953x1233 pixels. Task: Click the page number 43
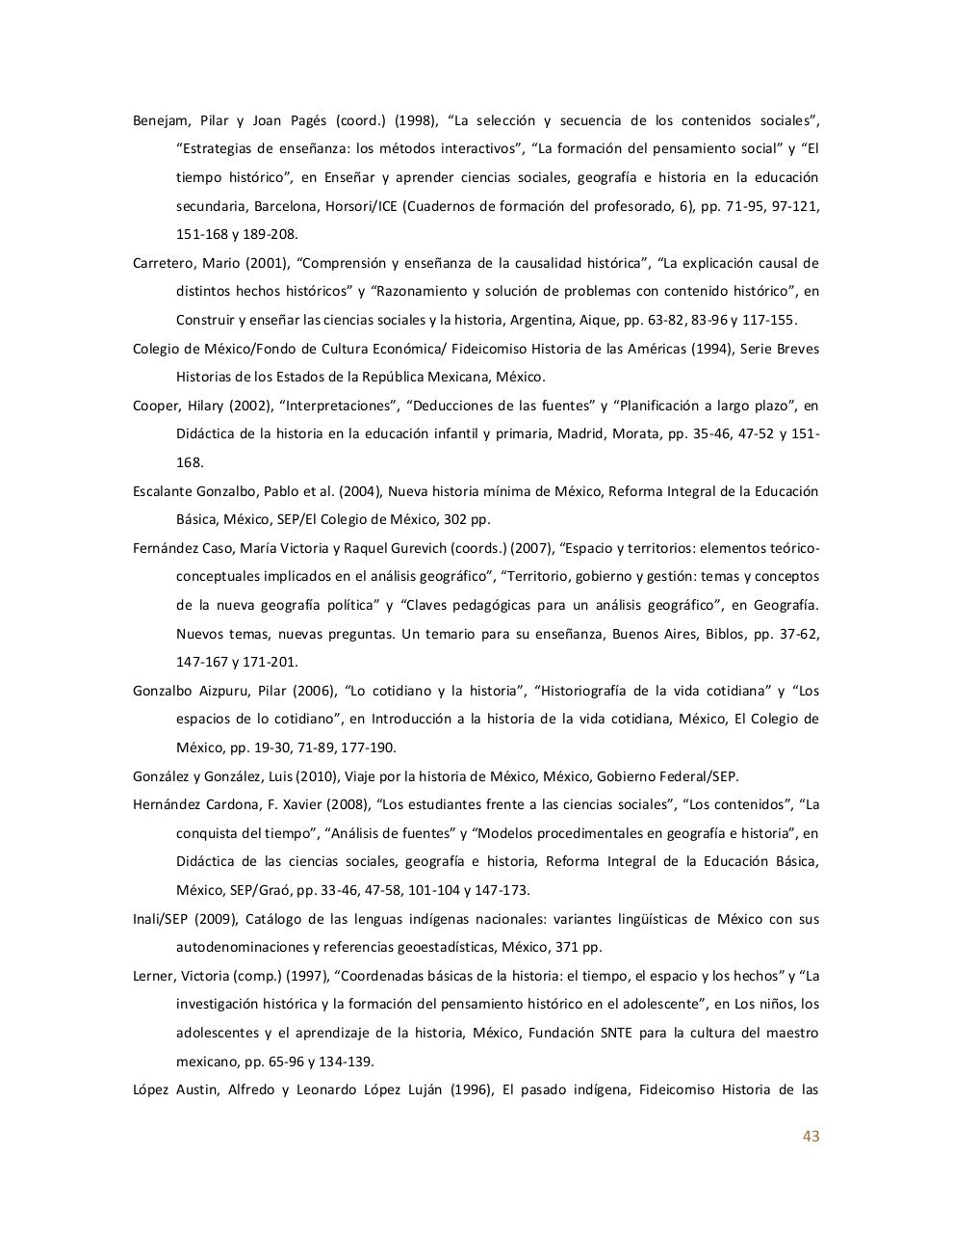coord(811,1136)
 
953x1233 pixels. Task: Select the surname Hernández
coord(167,804)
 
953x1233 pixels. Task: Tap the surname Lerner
coord(153,976)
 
